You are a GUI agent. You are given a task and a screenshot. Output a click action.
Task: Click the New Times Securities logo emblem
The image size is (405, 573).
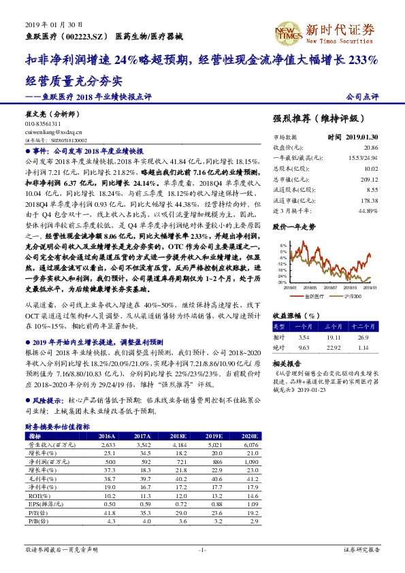289,31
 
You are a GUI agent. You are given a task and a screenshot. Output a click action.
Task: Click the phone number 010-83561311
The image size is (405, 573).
43,124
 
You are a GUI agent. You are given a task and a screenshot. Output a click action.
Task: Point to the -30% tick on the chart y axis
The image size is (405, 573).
282,282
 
